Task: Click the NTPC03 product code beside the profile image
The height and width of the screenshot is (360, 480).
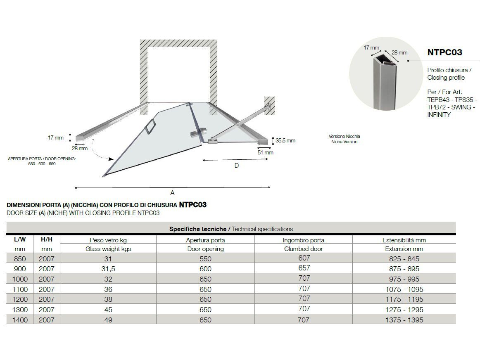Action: [x=444, y=52]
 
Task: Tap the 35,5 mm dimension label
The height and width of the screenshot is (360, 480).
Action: [x=285, y=140]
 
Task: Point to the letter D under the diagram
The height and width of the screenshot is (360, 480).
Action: [x=236, y=166]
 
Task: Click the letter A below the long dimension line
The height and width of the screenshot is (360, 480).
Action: [x=172, y=193]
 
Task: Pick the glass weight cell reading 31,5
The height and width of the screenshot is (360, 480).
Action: [x=108, y=269]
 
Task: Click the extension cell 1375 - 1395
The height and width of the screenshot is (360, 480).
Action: [x=404, y=320]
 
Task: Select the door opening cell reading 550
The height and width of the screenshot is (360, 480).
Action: [x=205, y=259]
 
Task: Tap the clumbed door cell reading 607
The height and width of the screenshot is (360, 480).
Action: [x=304, y=258]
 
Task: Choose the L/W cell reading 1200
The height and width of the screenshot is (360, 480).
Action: [x=20, y=299]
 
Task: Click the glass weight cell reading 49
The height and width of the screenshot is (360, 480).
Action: [x=108, y=320]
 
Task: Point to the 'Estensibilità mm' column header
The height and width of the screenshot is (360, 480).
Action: [x=404, y=240]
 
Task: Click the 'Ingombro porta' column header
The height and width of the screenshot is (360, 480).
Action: [x=304, y=240]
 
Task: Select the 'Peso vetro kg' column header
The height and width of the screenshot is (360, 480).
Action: [x=108, y=240]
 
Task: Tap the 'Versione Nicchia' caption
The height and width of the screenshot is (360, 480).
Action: [x=344, y=136]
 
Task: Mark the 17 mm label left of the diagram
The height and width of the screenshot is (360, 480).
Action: [x=56, y=137]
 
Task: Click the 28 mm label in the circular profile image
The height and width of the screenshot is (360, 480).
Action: [x=399, y=52]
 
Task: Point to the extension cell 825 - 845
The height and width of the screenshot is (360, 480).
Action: [x=404, y=259]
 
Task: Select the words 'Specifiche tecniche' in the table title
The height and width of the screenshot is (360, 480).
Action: [x=198, y=229]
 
